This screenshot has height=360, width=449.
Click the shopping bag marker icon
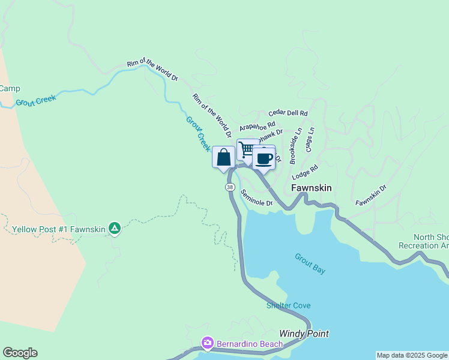point(224,158)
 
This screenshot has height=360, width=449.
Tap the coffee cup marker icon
point(264,158)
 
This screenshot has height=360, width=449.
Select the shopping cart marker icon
point(247,149)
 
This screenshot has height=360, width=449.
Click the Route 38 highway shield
point(230,187)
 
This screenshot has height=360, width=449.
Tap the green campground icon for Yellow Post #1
point(115,228)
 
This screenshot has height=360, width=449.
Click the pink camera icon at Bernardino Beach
point(207,343)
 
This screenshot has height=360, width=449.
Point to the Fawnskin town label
point(312,188)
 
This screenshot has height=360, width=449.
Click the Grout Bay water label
point(310,264)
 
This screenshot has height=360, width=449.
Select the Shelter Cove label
point(289,305)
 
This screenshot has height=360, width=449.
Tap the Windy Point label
point(304,334)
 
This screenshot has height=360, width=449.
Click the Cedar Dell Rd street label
point(288,112)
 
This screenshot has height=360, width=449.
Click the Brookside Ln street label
point(295,146)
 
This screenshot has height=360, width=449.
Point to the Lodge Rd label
point(304,173)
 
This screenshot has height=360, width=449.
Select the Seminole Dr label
point(257,199)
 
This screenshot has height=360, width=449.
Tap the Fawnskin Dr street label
point(371,195)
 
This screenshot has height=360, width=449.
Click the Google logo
point(20,353)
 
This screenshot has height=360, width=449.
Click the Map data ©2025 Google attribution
point(412,355)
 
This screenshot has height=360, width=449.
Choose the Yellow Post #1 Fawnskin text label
point(58,229)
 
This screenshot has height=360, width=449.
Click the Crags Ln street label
point(310,139)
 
